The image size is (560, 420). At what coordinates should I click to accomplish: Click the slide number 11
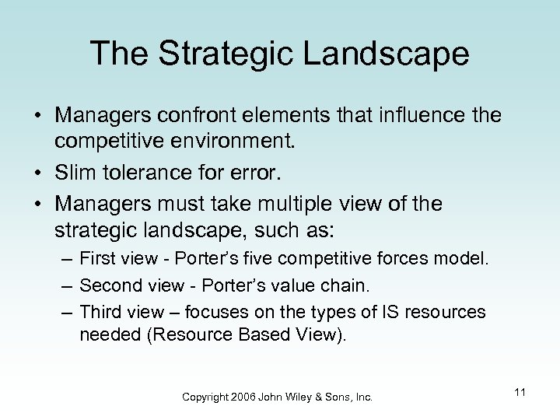point(520,392)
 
